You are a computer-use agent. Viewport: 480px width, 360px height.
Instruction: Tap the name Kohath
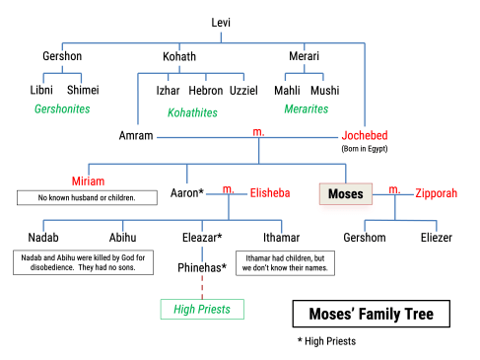click(179, 56)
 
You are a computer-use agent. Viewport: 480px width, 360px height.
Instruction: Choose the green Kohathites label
click(193, 112)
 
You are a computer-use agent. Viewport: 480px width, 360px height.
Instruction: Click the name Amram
click(135, 134)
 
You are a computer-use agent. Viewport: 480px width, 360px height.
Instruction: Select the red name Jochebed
click(365, 135)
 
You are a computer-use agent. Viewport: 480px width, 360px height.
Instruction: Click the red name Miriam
click(88, 181)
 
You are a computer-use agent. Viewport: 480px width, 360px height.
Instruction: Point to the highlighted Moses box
click(346, 192)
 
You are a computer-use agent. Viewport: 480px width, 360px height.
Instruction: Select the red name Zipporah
click(437, 192)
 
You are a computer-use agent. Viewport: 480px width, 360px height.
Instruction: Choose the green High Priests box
click(201, 310)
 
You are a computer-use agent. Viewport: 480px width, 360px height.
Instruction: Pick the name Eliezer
click(438, 238)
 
